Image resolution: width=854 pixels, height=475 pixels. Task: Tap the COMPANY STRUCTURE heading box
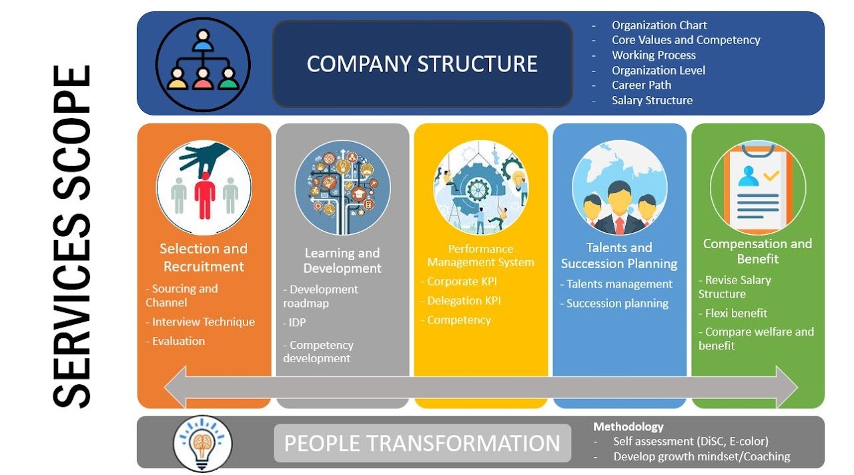(x=422, y=64)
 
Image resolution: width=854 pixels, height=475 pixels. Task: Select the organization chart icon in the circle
(x=203, y=64)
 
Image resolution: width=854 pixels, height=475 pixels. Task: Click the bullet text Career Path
(x=641, y=85)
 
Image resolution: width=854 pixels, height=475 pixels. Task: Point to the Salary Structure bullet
(x=652, y=101)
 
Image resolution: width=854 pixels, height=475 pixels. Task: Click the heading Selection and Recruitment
(x=203, y=258)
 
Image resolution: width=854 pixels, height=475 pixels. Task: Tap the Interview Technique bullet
(x=203, y=322)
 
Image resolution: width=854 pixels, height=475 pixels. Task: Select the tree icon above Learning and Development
(x=342, y=187)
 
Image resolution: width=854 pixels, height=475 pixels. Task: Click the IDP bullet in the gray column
(x=297, y=322)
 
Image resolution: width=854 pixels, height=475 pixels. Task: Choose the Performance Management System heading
(x=480, y=256)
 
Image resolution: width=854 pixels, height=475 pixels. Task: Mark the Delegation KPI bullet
(x=463, y=301)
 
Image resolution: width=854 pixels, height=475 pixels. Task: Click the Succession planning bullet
(x=617, y=304)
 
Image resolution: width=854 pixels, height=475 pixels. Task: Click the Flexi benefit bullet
(x=736, y=313)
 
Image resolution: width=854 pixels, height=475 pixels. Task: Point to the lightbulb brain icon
(x=203, y=443)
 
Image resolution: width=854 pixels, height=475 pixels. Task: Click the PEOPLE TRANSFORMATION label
(x=422, y=444)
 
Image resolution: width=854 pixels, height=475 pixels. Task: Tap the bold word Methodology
(x=628, y=427)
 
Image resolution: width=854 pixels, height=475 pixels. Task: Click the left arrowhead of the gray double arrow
(x=175, y=387)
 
